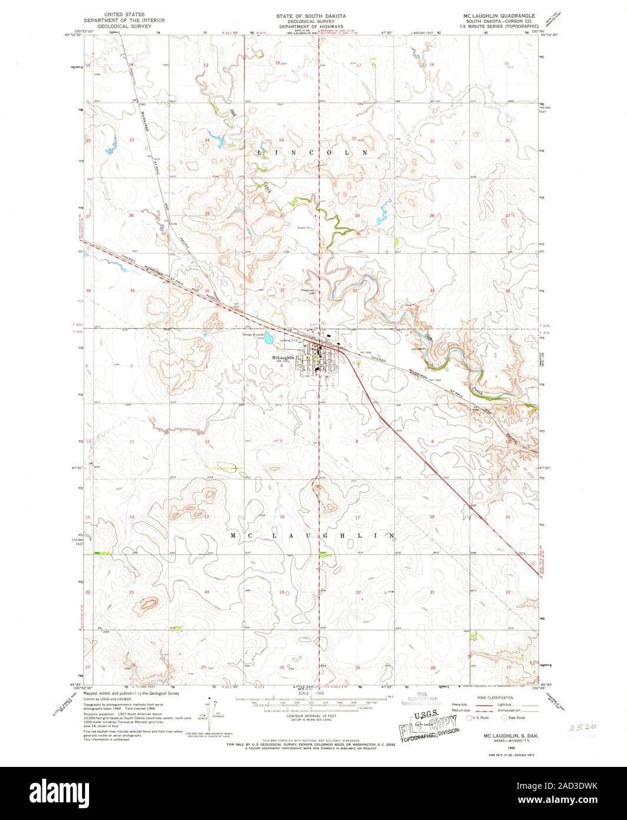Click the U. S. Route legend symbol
click(469, 718)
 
